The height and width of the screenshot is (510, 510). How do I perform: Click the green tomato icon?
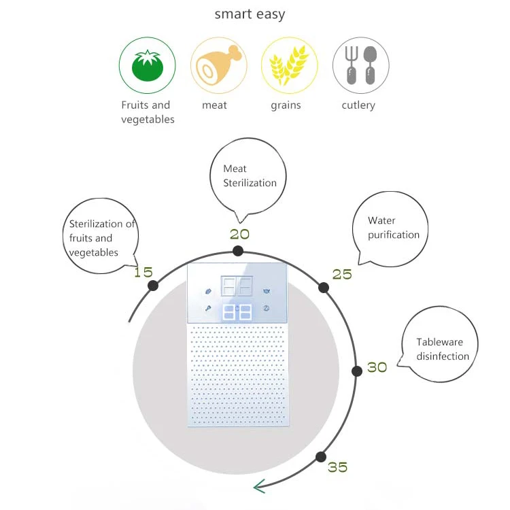point(147,65)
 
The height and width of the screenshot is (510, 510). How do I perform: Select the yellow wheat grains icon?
point(289,65)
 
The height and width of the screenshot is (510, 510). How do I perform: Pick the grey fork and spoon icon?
point(360,65)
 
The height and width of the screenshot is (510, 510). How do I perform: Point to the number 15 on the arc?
point(143,272)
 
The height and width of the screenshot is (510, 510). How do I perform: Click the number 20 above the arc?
point(239,234)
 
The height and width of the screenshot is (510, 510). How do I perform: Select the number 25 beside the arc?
point(342,274)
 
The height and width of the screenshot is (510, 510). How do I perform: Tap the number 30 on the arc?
point(377,367)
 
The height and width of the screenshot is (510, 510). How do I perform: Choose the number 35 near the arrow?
point(337,467)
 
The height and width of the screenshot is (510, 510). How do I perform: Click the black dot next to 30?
point(356,371)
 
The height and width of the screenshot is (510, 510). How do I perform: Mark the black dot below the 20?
point(237,251)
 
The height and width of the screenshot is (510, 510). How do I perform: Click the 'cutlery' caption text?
point(358,105)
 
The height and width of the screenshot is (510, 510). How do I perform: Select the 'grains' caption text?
point(286,105)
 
